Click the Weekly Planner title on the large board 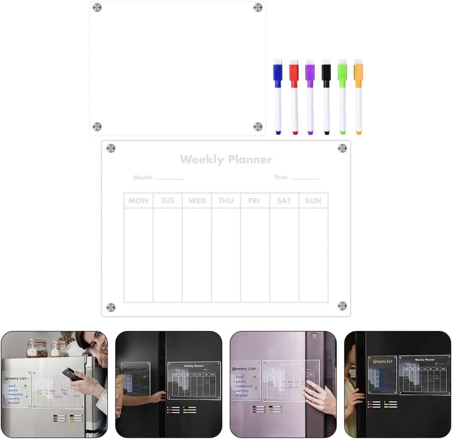click(226, 159)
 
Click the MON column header click(138, 201)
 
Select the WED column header click(197, 201)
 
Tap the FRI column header click(254, 201)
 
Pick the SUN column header click(313, 201)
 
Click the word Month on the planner click(143, 177)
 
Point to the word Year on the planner click(281, 177)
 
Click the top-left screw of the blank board click(97, 7)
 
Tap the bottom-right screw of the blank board click(258, 126)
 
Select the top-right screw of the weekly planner click(342, 148)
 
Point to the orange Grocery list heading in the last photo click(382, 361)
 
